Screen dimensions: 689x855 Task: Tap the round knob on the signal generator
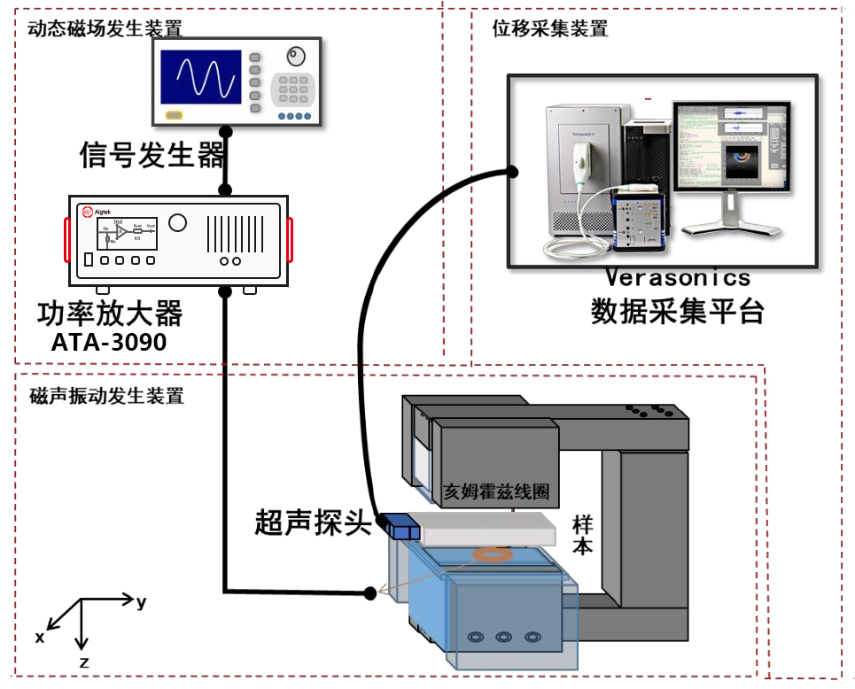[x=295, y=58]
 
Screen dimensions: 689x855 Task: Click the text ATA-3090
[x=109, y=342]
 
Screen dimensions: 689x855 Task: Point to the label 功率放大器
[x=110, y=313]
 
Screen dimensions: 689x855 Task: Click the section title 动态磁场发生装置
[x=105, y=28]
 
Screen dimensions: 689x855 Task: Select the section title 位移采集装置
[x=549, y=28]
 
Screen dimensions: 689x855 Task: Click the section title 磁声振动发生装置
[x=106, y=396]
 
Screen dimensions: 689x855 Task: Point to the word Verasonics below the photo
[x=678, y=277]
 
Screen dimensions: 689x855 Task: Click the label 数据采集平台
[x=677, y=311]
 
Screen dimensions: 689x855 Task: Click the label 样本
[x=582, y=536]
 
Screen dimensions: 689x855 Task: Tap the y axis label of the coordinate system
[x=142, y=602]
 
